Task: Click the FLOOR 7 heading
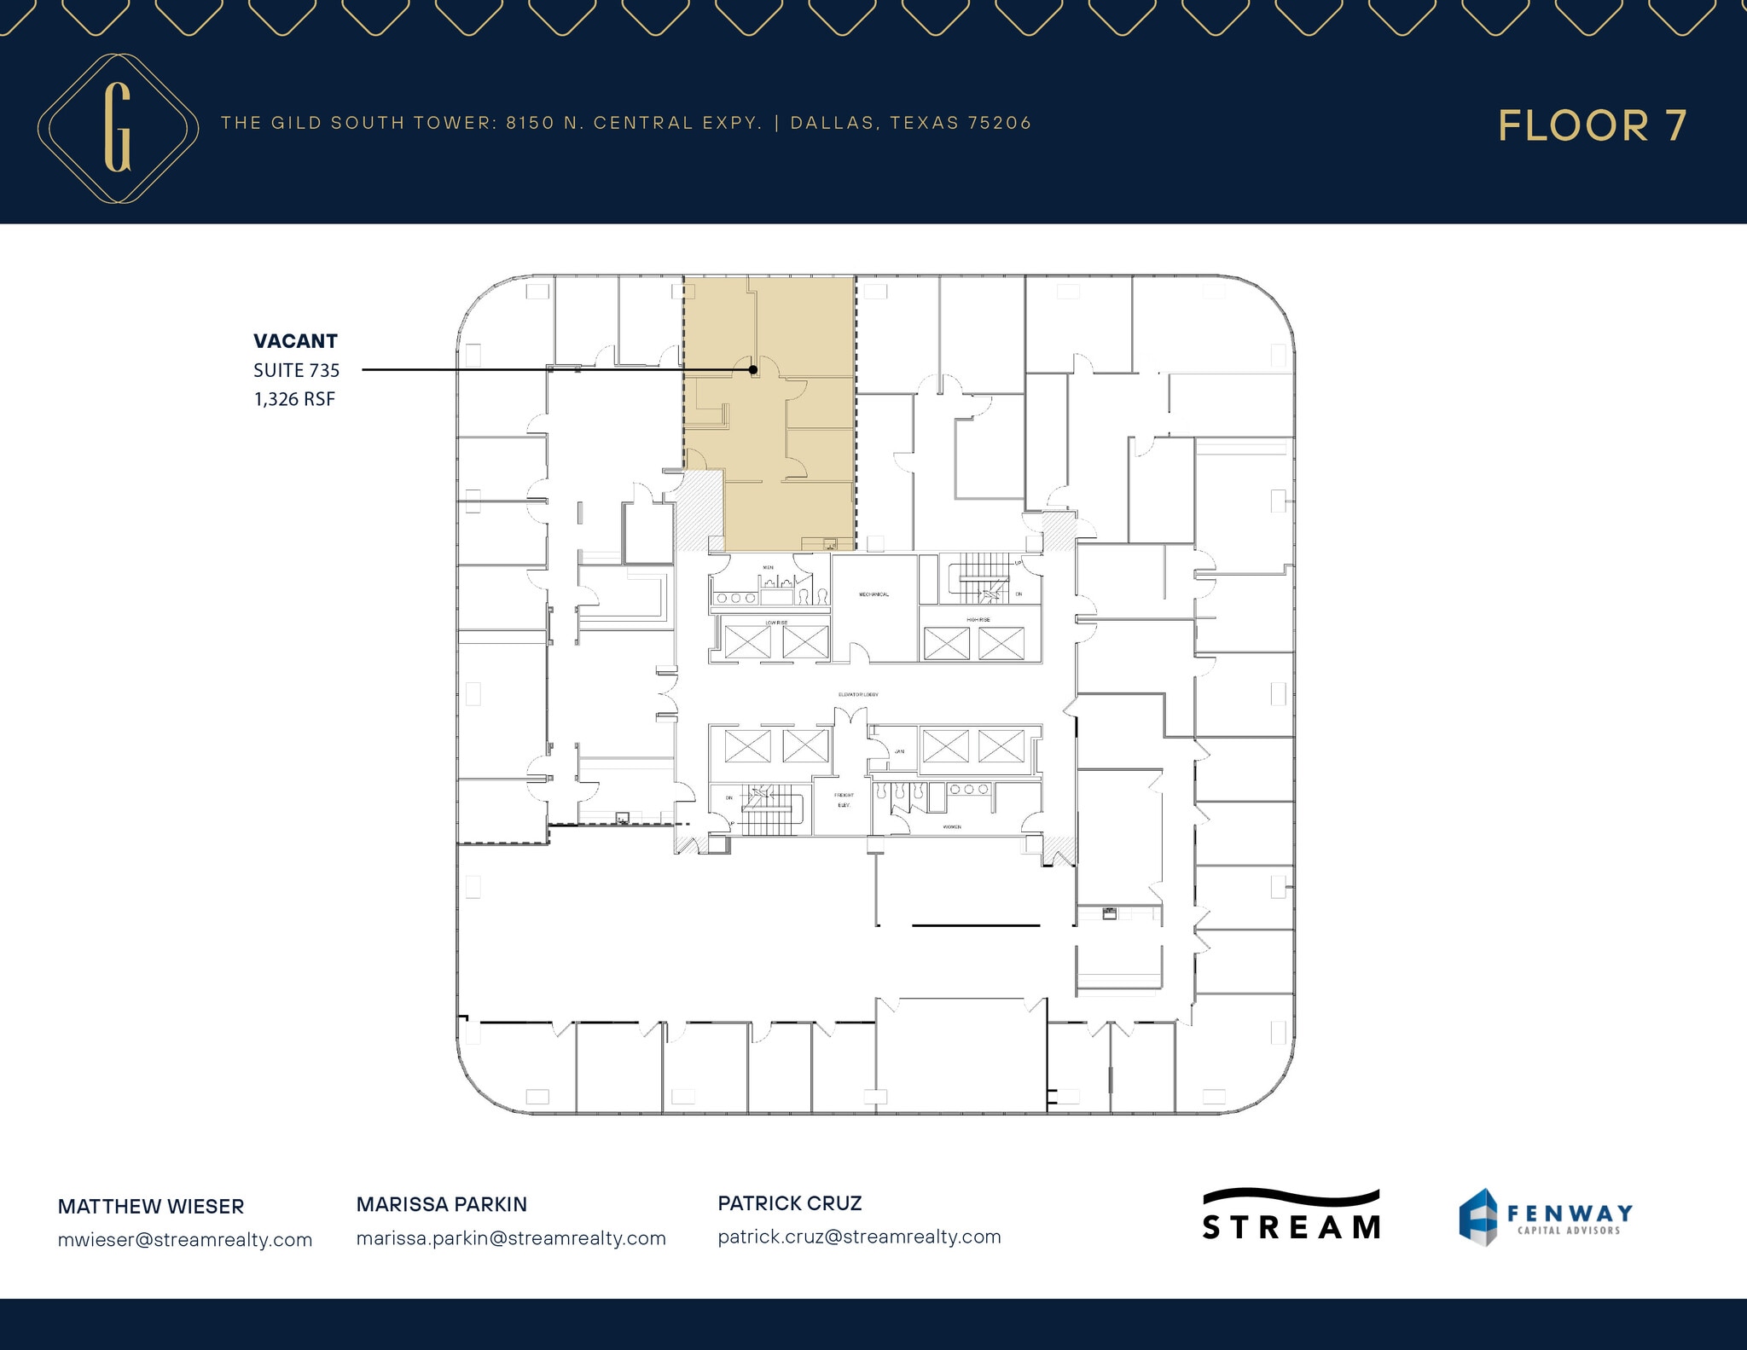(x=1592, y=126)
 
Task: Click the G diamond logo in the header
(x=118, y=128)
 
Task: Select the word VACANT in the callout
(x=295, y=341)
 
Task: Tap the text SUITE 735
(x=296, y=370)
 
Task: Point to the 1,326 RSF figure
(x=294, y=398)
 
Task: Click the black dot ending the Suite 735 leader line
(x=753, y=370)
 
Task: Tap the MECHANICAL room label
(x=873, y=594)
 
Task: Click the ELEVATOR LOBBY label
(x=858, y=694)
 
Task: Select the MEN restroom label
(x=768, y=567)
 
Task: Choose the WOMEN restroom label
(x=952, y=826)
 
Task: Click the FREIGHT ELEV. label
(x=844, y=800)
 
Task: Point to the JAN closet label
(x=899, y=751)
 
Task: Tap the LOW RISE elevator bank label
(x=775, y=623)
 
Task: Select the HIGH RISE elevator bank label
(x=978, y=620)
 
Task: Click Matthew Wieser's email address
(x=185, y=1239)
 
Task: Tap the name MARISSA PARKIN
(x=441, y=1204)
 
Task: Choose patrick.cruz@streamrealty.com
(x=859, y=1237)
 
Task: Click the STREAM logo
(x=1291, y=1215)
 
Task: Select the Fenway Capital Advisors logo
(x=1545, y=1217)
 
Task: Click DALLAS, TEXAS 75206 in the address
(x=911, y=123)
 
